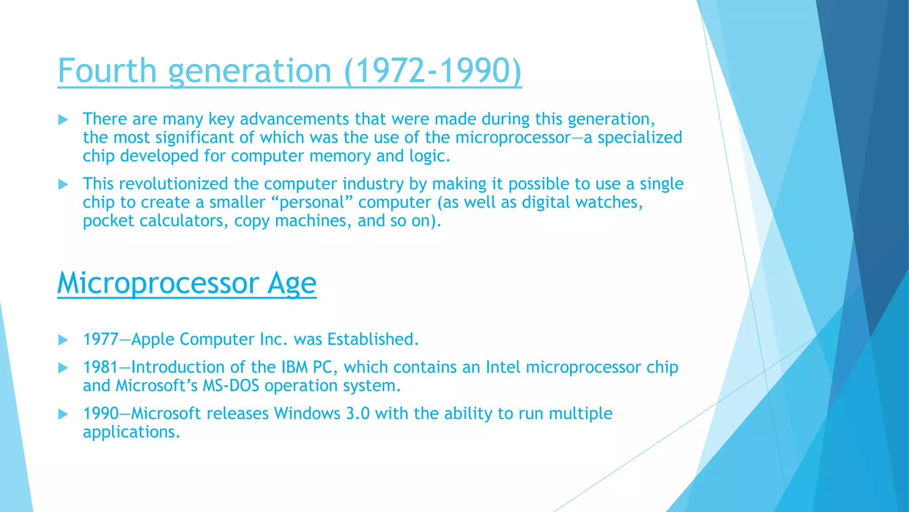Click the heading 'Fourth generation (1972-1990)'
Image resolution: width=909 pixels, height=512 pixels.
[x=289, y=71]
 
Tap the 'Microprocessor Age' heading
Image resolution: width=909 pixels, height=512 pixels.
[x=186, y=283]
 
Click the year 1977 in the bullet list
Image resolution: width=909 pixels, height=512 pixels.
[x=100, y=340]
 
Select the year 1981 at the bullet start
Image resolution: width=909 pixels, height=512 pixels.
[x=100, y=368]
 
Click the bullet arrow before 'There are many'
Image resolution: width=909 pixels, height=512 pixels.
[x=63, y=120]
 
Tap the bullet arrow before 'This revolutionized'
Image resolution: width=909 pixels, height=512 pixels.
[x=63, y=184]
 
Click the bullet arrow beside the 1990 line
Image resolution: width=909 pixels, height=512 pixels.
[x=63, y=414]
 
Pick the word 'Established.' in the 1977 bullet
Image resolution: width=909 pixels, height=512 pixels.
[x=373, y=340]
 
